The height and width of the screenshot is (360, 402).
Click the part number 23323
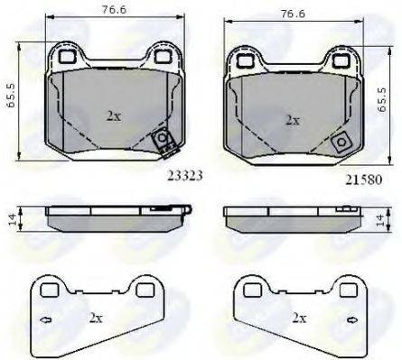[184, 176]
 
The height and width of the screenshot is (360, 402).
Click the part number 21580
[363, 180]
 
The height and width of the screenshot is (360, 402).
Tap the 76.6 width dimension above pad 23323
[114, 9]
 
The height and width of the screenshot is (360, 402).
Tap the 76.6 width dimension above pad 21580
[293, 14]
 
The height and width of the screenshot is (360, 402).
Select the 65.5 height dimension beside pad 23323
[11, 96]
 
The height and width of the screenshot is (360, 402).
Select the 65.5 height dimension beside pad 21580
[382, 100]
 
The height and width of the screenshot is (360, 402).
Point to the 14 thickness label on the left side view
[12, 218]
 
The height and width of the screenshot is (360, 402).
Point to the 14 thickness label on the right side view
[380, 219]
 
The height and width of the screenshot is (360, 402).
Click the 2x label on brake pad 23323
[114, 115]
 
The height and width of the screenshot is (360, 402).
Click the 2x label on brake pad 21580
[293, 121]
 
